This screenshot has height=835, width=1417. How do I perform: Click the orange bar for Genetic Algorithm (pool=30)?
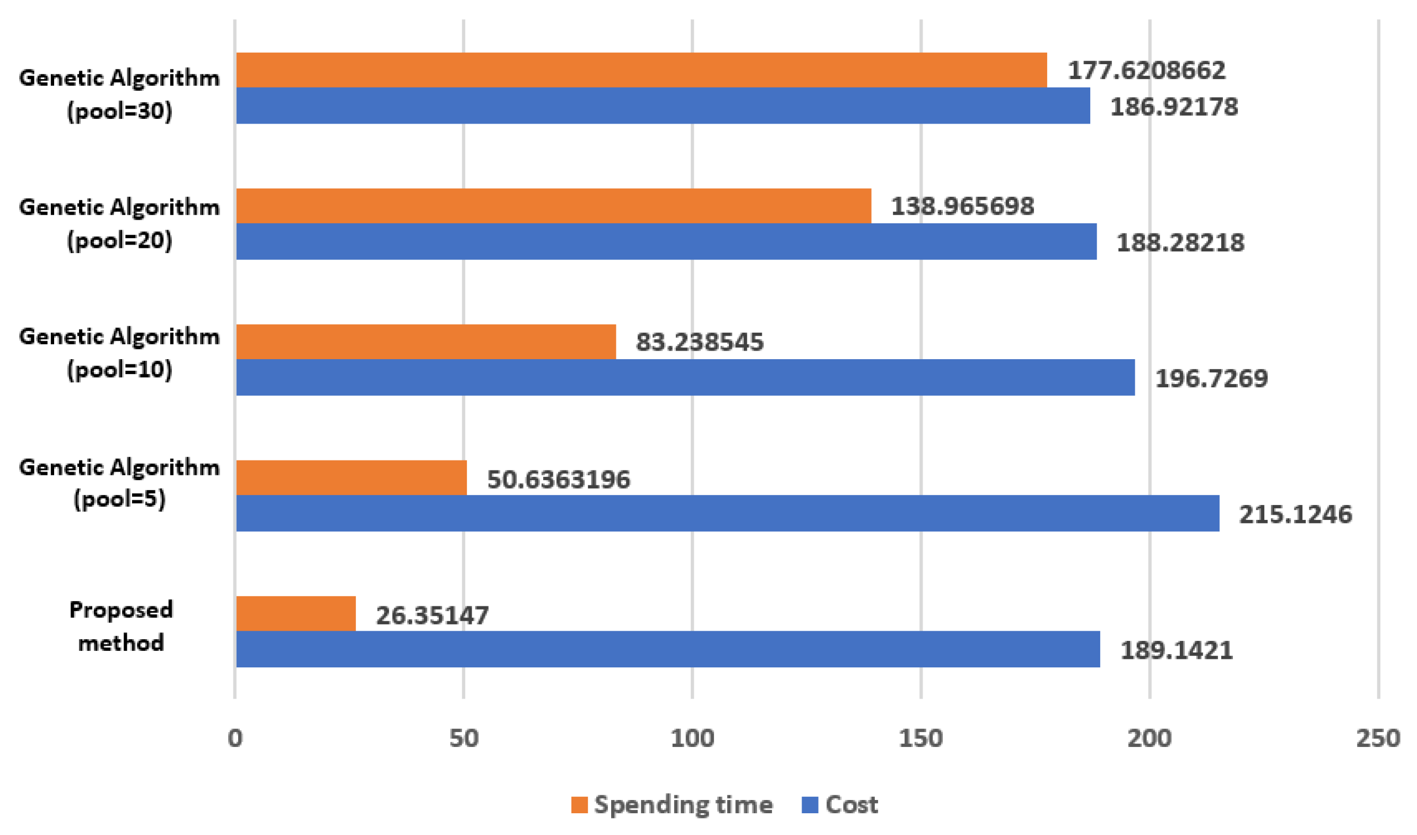pyautogui.click(x=641, y=71)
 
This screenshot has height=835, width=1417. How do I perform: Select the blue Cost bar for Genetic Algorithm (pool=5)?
pyautogui.click(x=727, y=513)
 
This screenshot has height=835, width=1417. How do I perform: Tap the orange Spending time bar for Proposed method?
pyautogui.click(x=296, y=614)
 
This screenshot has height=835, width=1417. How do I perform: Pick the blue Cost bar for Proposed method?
pyautogui.click(x=668, y=649)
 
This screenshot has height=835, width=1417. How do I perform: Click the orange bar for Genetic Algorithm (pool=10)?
pyautogui.click(x=426, y=342)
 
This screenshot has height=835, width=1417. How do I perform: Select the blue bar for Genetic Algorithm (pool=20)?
pyautogui.click(x=666, y=241)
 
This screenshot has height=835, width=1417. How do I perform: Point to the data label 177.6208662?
pyautogui.click(x=1146, y=71)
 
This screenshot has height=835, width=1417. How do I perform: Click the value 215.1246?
pyautogui.click(x=1295, y=514)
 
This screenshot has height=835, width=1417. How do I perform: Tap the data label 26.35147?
pyautogui.click(x=432, y=615)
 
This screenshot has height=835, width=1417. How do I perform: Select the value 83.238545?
pyautogui.click(x=699, y=342)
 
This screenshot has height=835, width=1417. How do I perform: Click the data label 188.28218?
pyautogui.click(x=1180, y=242)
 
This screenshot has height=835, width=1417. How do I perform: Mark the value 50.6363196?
pyautogui.click(x=558, y=480)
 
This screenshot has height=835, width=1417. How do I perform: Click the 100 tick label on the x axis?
pyautogui.click(x=692, y=738)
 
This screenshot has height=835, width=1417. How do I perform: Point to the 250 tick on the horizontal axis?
pyautogui.click(x=1378, y=738)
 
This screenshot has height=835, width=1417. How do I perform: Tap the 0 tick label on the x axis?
pyautogui.click(x=235, y=738)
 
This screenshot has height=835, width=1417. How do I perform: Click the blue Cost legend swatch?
pyautogui.click(x=809, y=805)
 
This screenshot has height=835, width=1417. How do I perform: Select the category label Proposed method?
pyautogui.click(x=120, y=625)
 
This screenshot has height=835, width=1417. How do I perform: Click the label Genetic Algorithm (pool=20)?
pyautogui.click(x=119, y=224)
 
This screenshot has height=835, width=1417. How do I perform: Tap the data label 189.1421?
pyautogui.click(x=1176, y=650)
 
